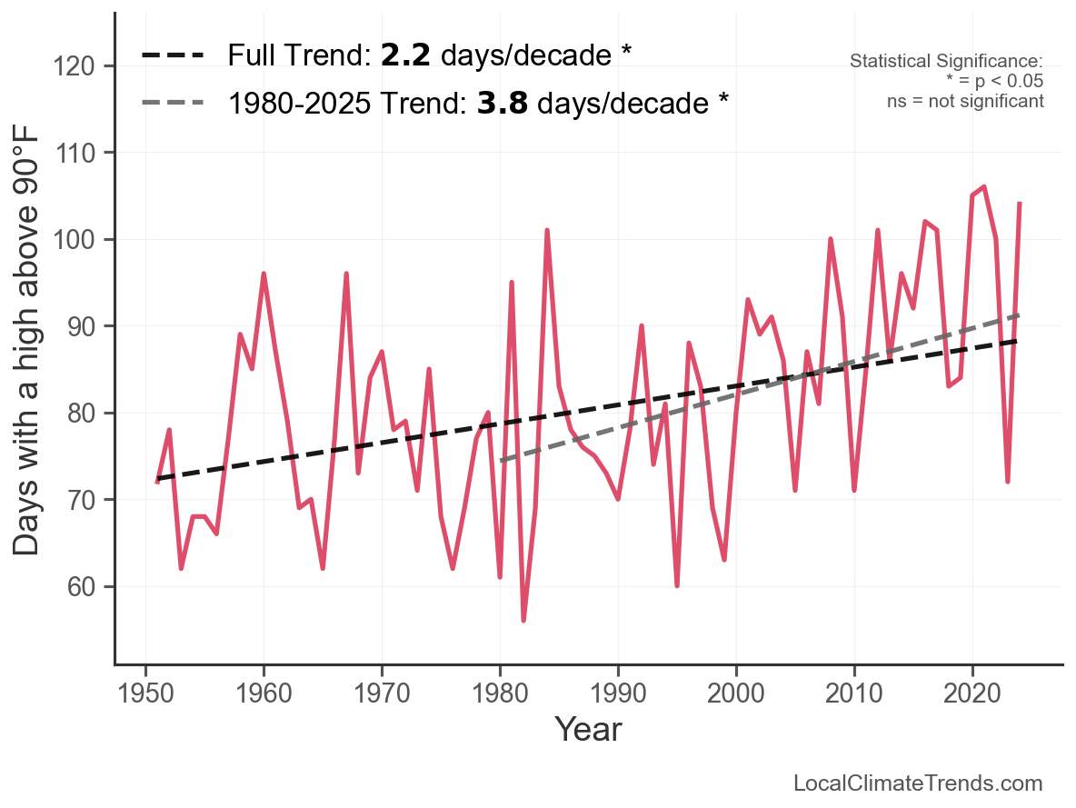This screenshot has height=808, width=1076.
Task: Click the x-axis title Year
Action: [x=588, y=729]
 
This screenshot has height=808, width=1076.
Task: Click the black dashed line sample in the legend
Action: [x=172, y=55]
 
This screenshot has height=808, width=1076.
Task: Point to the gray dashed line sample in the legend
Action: [x=172, y=103]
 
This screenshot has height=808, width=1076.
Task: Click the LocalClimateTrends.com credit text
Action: [x=918, y=783]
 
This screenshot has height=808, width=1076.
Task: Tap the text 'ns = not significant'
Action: [x=965, y=101]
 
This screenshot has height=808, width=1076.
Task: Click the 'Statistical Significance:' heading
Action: [x=946, y=61]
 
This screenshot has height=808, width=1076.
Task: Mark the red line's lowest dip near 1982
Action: [x=523, y=620]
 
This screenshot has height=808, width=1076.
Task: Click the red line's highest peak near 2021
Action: [x=984, y=187]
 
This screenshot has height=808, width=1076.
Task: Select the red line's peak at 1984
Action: [x=547, y=231]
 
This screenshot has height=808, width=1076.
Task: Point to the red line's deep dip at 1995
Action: [x=677, y=585]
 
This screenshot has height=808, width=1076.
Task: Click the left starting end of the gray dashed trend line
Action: [x=501, y=461]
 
